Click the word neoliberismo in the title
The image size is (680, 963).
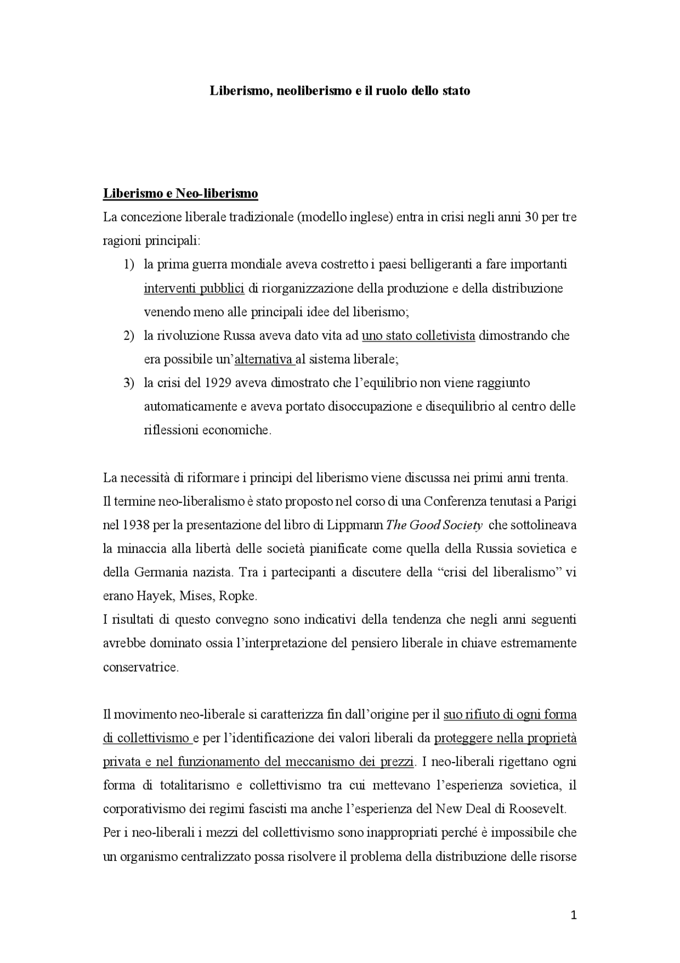311,91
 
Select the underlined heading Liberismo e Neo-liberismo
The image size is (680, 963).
180,194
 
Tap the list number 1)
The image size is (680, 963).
129,265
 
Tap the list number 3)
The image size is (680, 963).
129,383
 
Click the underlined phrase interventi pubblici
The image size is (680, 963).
194,289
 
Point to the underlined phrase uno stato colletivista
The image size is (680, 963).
418,336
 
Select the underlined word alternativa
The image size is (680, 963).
264,359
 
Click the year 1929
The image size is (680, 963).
218,383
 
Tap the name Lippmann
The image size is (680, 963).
355,525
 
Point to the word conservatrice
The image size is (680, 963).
140,667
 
